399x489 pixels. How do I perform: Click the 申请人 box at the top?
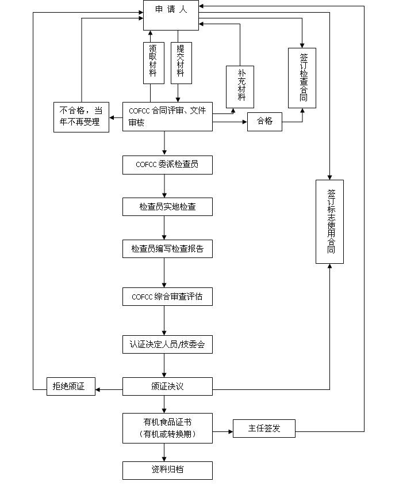tap(171, 16)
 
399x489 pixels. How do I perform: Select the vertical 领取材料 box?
tap(153, 63)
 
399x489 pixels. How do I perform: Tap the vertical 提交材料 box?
tap(181, 63)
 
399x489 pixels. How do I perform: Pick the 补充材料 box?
tap(240, 86)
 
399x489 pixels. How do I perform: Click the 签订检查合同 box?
tap(302, 78)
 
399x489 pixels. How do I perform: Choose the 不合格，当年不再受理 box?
tap(81, 117)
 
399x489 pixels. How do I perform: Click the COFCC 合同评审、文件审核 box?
tap(167, 116)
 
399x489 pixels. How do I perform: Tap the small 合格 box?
tap(264, 122)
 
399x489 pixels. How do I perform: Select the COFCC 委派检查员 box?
tap(167, 165)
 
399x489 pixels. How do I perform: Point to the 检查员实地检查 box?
tap(167, 207)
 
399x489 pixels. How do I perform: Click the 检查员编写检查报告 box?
tap(167, 249)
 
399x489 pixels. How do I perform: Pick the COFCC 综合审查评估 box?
tap(167, 297)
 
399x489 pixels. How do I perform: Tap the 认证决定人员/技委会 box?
tap(167, 345)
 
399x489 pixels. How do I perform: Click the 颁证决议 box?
tap(167, 386)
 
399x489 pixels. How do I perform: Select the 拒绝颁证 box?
tap(71, 386)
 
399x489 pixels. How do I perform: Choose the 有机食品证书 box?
tap(167, 428)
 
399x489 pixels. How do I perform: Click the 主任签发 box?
tap(264, 429)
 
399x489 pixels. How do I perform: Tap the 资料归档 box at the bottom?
tap(167, 470)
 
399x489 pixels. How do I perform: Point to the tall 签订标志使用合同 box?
tap(329, 222)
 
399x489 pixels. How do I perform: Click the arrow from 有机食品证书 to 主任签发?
tap(222, 429)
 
